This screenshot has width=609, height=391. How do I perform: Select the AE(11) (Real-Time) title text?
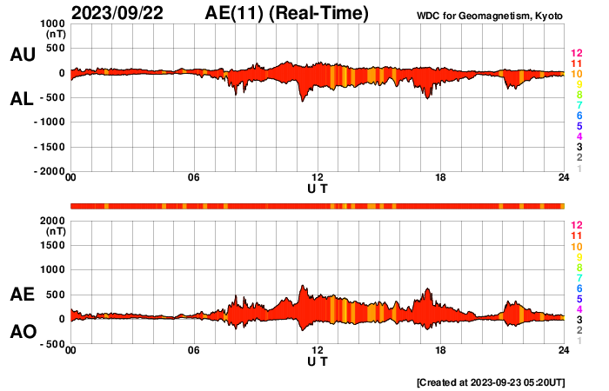tap(286, 13)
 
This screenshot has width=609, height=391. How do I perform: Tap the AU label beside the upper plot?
tap(22, 55)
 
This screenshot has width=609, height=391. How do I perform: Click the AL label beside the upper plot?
tap(22, 99)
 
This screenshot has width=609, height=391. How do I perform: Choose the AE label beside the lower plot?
tap(22, 295)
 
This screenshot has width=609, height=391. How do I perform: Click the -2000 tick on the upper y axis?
tap(50, 172)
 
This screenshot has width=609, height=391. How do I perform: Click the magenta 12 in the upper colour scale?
tap(576, 54)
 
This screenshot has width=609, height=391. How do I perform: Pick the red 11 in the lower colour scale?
tap(576, 235)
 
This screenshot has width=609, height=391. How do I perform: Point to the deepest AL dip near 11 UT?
tap(303, 102)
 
